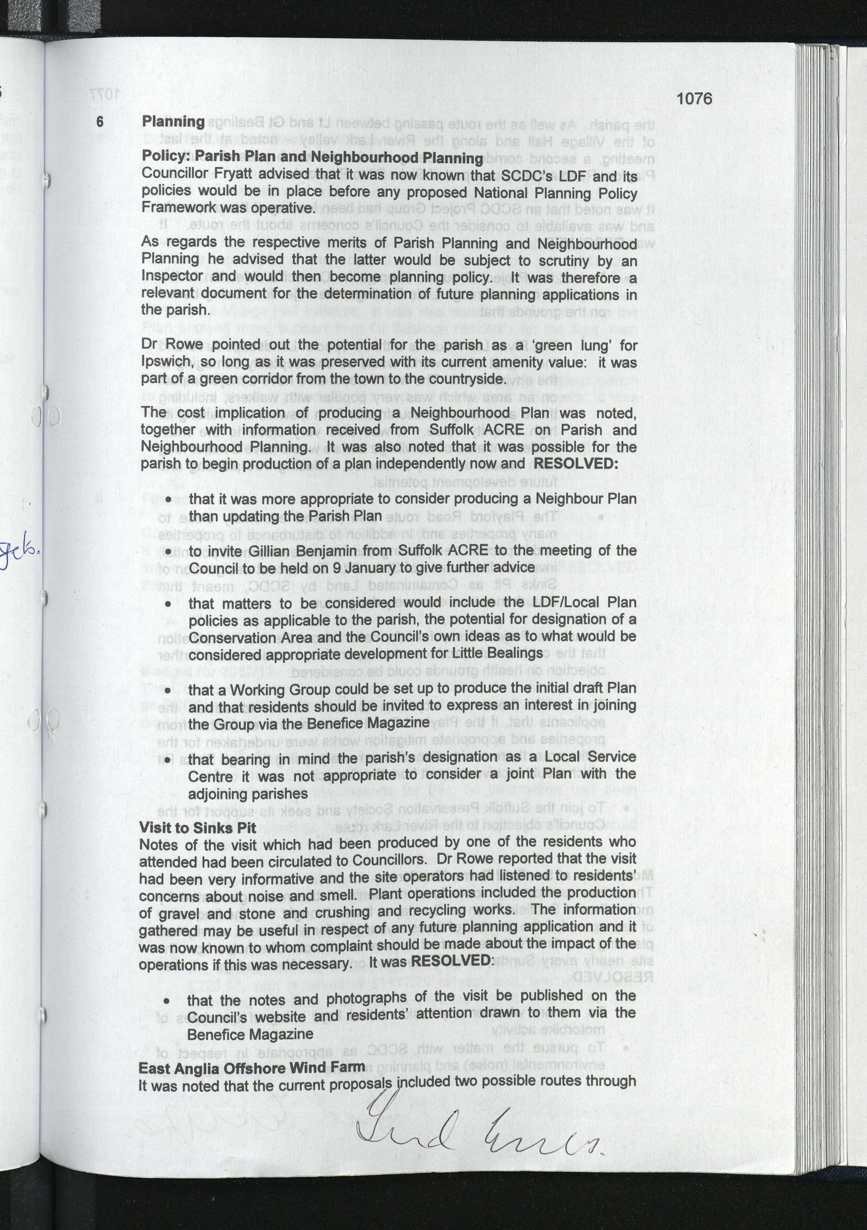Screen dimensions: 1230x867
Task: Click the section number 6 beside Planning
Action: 100,121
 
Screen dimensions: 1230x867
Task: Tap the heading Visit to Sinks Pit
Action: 197,827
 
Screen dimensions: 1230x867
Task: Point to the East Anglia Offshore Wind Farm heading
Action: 252,1068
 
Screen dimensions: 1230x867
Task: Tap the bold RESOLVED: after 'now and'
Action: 575,463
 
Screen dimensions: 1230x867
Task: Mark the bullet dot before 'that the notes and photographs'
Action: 167,1001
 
